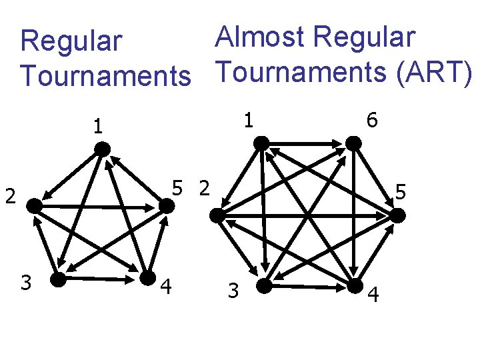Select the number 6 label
[371, 120]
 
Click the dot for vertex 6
[352, 143]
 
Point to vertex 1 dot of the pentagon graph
[102, 150]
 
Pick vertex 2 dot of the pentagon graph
[35, 207]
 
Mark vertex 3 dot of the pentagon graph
[59, 279]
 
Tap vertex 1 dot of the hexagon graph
[262, 142]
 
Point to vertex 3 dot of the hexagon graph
[264, 286]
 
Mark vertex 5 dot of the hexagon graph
[397, 216]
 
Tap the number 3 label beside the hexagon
[233, 291]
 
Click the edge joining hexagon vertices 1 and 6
[307, 143]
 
